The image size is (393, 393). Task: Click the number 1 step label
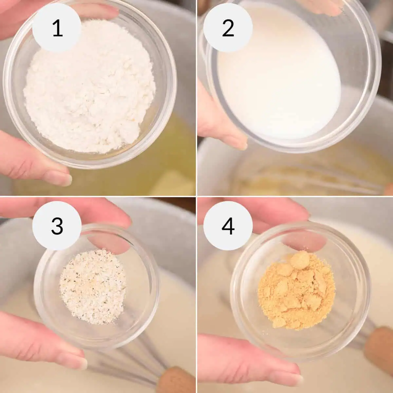coord(58,28)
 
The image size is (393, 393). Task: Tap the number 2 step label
coord(228,28)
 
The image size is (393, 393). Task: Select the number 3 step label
coord(57,226)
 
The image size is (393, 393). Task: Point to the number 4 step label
coord(228,226)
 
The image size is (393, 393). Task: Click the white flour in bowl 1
coord(90,88)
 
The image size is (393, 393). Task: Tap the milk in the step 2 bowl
coord(279,75)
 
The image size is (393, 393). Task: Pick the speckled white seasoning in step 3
coord(93,287)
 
